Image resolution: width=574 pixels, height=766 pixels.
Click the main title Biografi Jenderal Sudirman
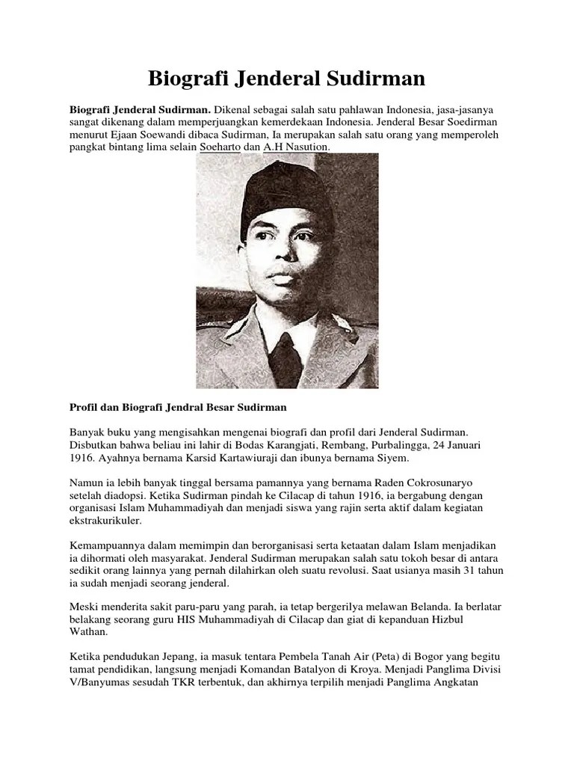[x=286, y=78]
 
